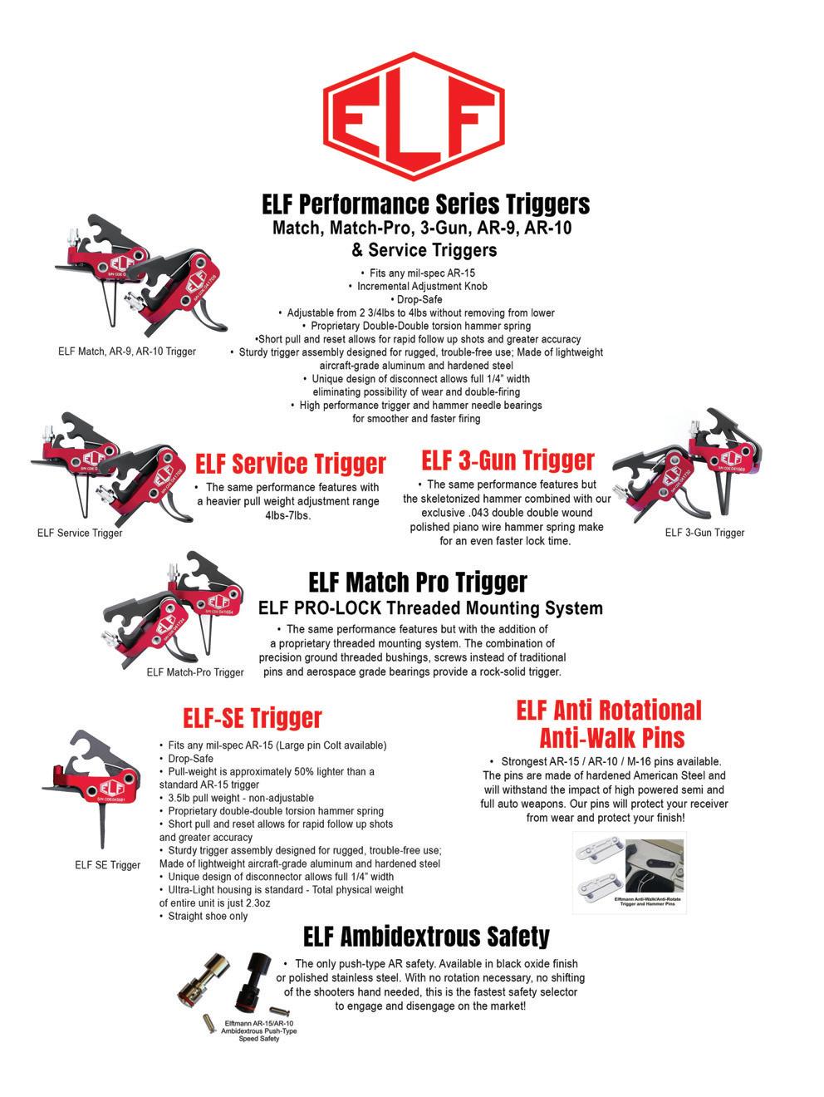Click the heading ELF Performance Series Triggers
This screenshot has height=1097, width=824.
pos(425,204)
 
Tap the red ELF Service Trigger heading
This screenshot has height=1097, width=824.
pos(290,463)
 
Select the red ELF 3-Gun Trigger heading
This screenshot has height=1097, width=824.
pos(508,460)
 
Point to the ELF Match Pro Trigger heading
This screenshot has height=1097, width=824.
pos(417,581)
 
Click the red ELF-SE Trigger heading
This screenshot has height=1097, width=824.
pos(252,717)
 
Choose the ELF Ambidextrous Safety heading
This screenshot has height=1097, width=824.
pos(426,937)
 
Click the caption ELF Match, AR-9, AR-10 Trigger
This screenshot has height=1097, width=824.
pos(127,352)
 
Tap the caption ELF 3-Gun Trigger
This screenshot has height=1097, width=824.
pos(704,533)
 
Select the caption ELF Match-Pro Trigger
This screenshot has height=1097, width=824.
pos(195,672)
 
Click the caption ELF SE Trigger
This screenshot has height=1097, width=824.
pos(107,865)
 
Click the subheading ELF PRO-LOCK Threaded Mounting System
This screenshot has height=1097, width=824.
pos(430,608)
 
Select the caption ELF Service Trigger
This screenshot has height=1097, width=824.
pos(80,533)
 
